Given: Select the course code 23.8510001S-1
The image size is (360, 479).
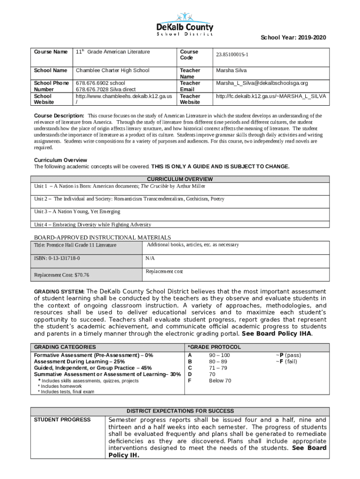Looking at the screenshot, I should tap(232, 55).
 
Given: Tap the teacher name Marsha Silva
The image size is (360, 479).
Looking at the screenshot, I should tap(231, 71).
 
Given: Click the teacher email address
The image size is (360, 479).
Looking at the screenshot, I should tap(262, 83).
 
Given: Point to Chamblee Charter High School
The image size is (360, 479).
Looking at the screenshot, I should tap(113, 71).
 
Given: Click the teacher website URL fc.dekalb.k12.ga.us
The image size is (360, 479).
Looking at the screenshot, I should tap(271, 96).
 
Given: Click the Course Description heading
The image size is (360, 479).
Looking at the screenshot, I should tap(59, 116).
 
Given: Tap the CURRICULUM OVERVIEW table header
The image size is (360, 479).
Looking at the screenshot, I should tap(180, 179).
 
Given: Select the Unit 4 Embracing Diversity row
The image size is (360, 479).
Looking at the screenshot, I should tap(93, 225).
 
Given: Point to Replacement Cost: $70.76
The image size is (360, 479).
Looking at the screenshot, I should tap(62, 275).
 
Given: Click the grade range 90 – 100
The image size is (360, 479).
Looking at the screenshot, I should tap(219, 356).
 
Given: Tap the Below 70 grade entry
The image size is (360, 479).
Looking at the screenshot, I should tap(220, 381).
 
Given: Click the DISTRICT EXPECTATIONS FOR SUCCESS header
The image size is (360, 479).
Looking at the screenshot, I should tap(180, 411).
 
